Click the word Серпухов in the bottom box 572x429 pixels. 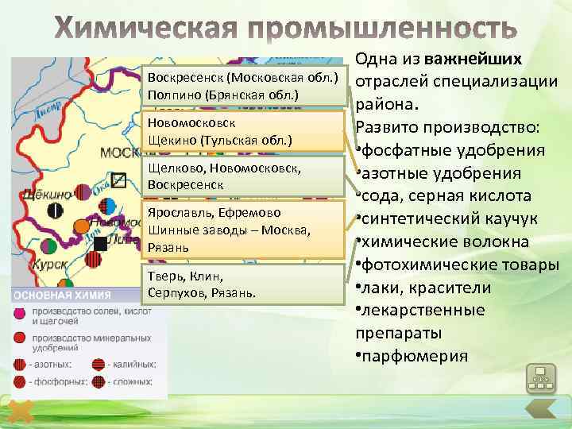(177, 293)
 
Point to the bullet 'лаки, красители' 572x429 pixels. (427, 287)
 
